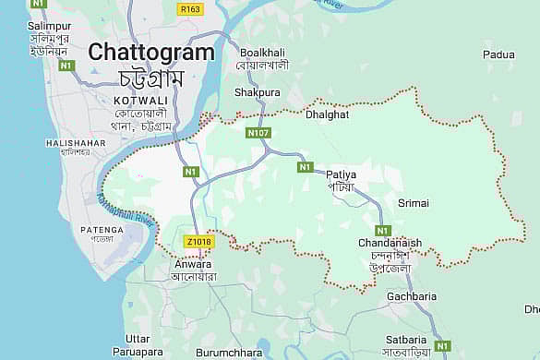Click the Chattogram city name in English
pos(151,53)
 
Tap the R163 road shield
pos(190,9)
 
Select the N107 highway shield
pos(258,134)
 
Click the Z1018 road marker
pos(198,242)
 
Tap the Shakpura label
pos(258,92)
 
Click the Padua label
pos(498,55)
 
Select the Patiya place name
pos(341,173)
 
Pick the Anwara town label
pos(193,263)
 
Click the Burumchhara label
pos(229,353)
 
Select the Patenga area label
pos(102,229)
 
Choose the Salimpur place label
pos(29,21)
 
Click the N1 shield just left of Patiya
pos(306,167)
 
